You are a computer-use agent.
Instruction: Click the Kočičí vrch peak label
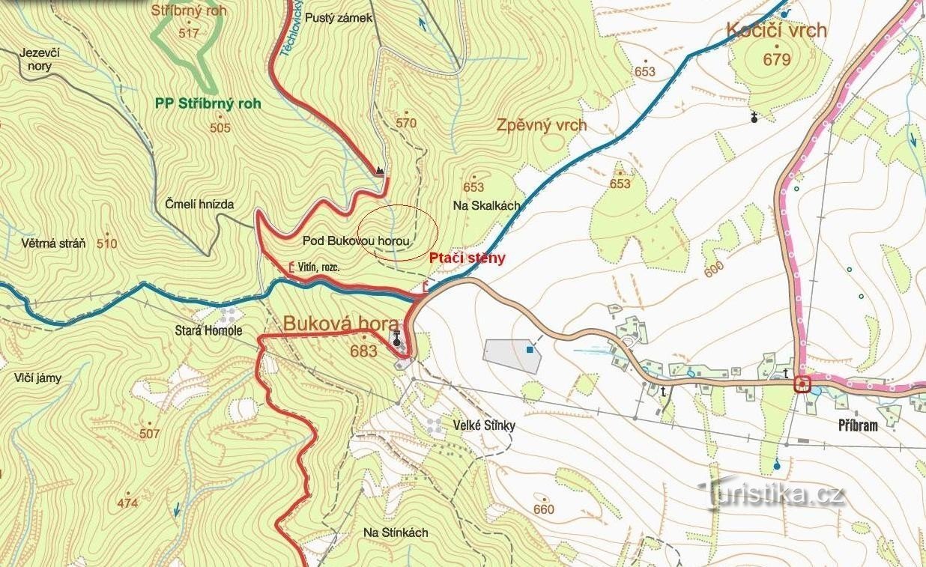776,31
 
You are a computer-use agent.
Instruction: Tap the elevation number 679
777,58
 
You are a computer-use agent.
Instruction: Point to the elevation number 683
363,350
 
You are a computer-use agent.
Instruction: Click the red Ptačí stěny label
467,258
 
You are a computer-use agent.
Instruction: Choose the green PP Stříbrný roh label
208,104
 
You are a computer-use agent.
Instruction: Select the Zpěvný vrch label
542,125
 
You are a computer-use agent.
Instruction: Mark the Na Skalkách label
486,204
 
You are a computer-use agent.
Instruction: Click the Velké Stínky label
484,425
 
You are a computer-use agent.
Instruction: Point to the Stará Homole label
208,330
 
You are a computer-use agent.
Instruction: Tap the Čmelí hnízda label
199,204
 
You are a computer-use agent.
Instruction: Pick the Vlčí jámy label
37,378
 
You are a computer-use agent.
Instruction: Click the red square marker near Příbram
802,385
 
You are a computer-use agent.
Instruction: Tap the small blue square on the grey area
530,349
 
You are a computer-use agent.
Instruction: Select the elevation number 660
543,509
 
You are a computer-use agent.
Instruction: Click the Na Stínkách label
396,533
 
